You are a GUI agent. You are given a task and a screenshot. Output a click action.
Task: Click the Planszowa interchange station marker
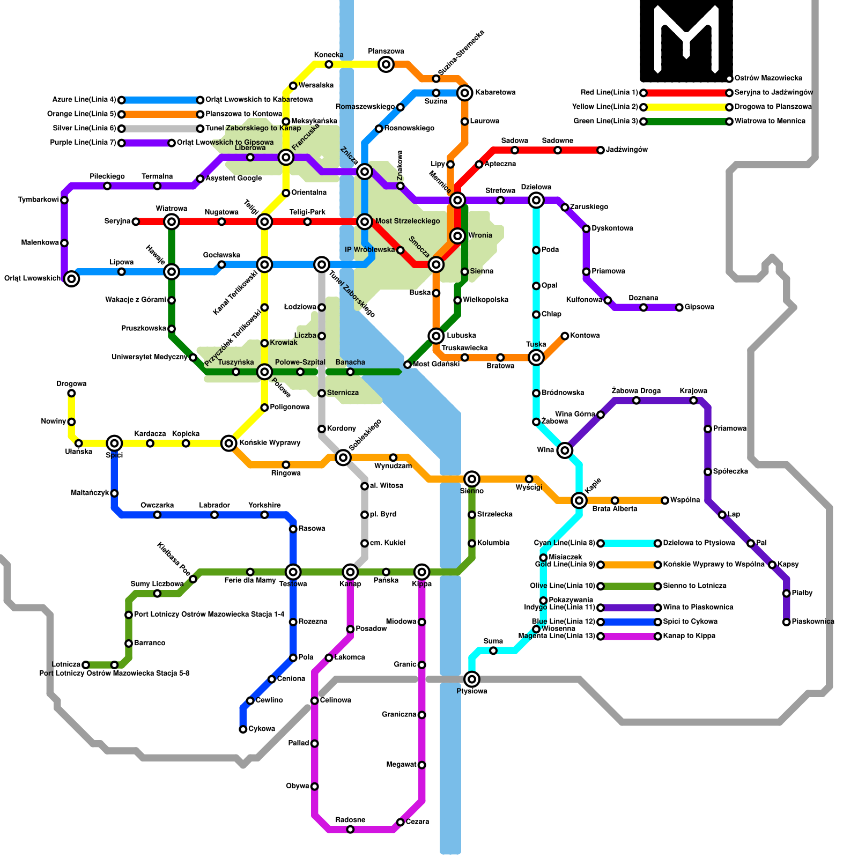[386, 65]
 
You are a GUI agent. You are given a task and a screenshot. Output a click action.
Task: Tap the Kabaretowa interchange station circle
[465, 93]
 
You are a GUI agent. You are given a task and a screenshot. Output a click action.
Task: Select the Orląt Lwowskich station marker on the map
[71, 278]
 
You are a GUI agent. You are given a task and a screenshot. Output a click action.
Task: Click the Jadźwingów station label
[627, 150]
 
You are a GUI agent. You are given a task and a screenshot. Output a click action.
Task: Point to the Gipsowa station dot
[679, 307]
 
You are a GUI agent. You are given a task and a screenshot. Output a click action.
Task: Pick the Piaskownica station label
[813, 622]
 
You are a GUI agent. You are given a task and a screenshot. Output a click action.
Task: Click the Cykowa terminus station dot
[243, 729]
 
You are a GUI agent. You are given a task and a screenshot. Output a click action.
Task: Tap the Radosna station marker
[350, 830]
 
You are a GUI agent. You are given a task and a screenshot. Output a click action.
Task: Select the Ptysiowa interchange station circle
[472, 679]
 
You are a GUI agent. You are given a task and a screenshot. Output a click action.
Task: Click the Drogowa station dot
[71, 394]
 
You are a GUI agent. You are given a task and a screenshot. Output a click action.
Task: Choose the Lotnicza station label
[66, 665]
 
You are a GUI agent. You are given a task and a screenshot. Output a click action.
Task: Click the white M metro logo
[686, 38]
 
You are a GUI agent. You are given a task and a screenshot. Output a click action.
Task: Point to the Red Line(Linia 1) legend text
[609, 93]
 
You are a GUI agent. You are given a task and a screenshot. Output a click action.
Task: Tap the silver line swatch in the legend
[161, 129]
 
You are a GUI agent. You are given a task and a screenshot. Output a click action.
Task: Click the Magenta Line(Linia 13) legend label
[557, 637]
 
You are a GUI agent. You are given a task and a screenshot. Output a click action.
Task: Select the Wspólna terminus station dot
[665, 500]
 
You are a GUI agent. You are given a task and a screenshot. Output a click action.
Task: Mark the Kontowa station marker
[565, 336]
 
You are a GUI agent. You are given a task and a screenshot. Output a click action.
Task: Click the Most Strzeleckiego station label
[408, 221]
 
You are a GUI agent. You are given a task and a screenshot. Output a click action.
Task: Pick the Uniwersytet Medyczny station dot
[193, 357]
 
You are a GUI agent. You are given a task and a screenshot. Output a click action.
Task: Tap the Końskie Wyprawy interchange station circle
[229, 443]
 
